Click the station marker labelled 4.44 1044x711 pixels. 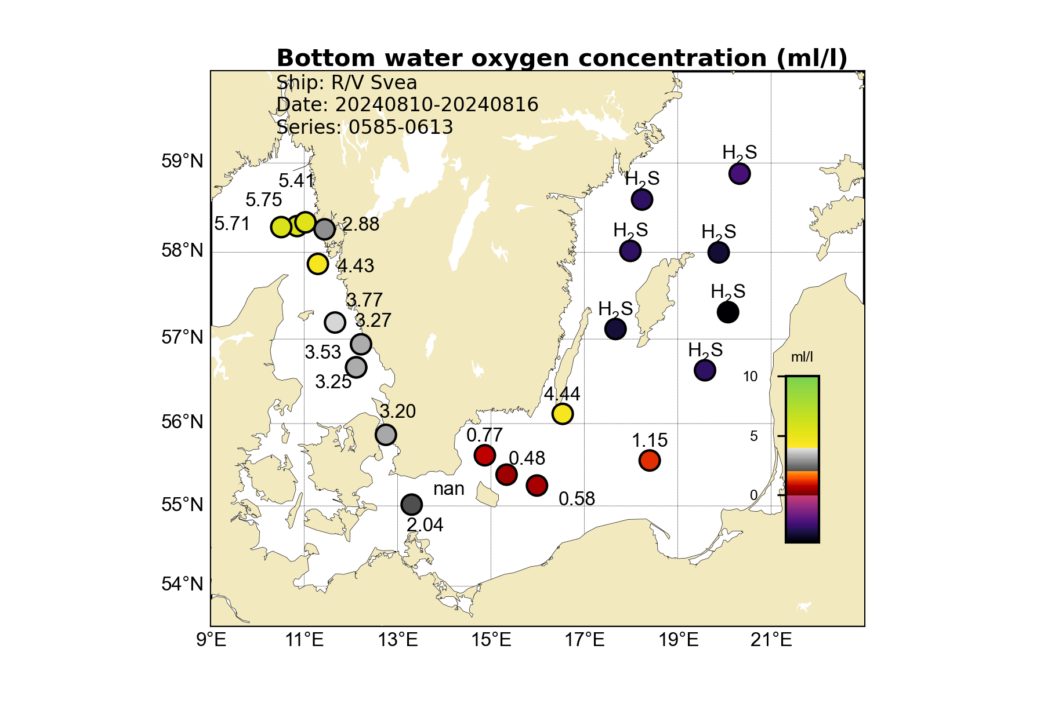tap(562, 414)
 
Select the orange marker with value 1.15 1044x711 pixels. tap(650, 461)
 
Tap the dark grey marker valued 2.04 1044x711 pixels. tap(411, 504)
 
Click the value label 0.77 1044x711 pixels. tap(484, 435)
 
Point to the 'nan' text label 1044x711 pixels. tap(448, 489)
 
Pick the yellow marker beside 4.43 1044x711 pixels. tap(317, 264)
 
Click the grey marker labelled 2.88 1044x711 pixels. tap(324, 229)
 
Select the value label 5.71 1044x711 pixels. tap(232, 224)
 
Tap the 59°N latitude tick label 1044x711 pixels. tap(182, 161)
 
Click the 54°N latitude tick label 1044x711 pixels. tap(182, 584)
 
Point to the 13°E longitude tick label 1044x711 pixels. tap(399, 640)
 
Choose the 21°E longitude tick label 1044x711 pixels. tap(771, 640)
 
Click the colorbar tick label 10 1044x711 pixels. tap(751, 377)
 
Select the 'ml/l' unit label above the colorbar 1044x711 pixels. tap(802, 357)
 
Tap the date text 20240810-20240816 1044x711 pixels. tap(436, 105)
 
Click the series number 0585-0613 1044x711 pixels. tap(400, 127)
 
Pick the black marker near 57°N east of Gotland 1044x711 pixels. tap(728, 312)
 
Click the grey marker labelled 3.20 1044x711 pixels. tap(386, 434)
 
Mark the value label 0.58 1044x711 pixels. tap(577, 499)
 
